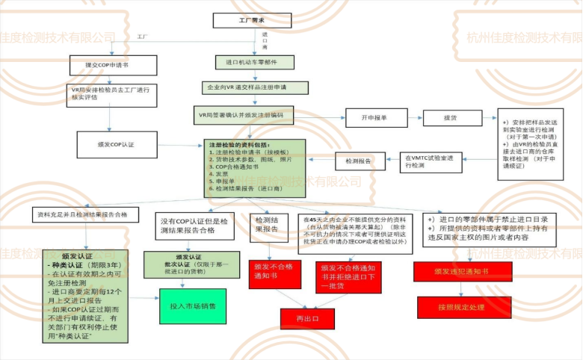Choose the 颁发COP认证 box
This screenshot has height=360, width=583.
[x=116, y=143]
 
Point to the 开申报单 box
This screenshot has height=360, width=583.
[x=374, y=117]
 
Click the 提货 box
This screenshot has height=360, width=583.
[x=453, y=117]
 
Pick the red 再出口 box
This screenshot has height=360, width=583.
[x=307, y=318]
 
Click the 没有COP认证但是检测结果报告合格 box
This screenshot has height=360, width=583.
[x=196, y=226]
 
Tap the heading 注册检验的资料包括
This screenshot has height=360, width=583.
[x=238, y=145]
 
